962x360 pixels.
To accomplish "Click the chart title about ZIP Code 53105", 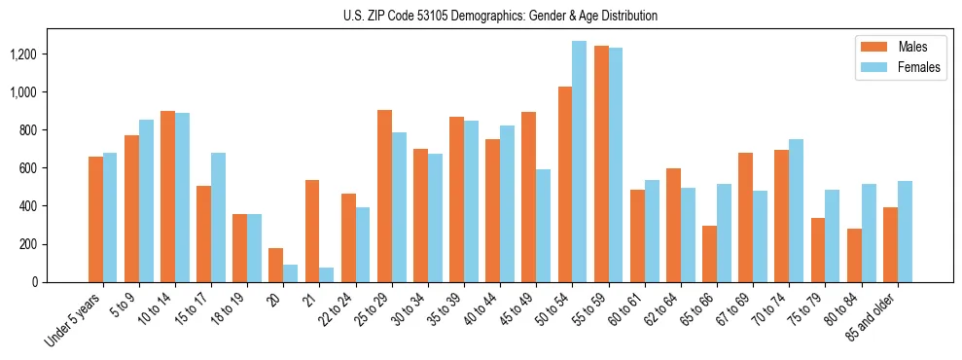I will [500, 16].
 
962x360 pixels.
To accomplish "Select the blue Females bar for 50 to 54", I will [579, 162].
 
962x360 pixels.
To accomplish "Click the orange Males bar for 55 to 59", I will [601, 163].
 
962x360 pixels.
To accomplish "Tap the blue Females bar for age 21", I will [327, 274].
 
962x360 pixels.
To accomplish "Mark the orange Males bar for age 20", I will [276, 265].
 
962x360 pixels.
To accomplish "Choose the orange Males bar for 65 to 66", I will [709, 254].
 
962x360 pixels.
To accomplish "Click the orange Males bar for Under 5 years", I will [95, 219].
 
